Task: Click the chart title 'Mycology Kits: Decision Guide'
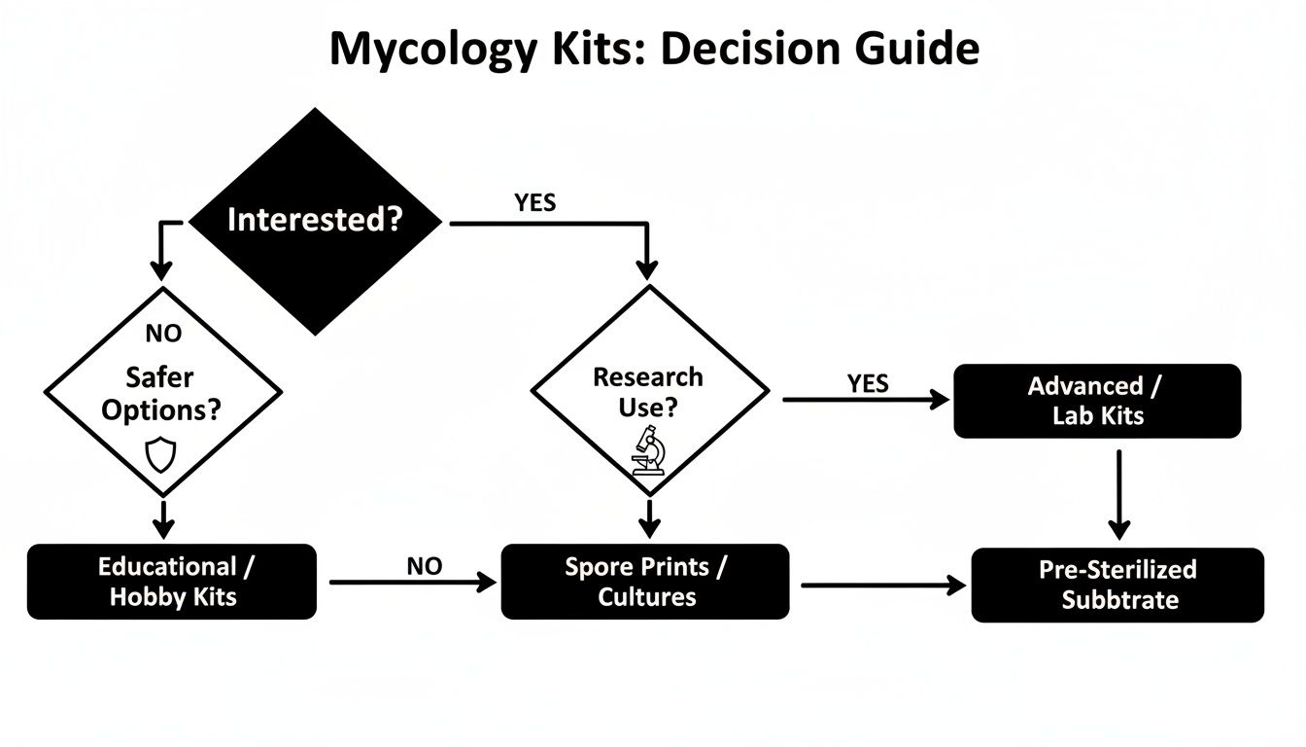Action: [x=653, y=49]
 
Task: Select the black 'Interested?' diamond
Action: [x=314, y=221]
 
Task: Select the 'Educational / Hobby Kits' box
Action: [x=172, y=582]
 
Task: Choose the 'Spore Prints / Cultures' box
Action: [x=645, y=582]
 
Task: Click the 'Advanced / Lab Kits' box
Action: [x=1097, y=401]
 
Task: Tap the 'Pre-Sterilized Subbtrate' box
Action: [x=1117, y=585]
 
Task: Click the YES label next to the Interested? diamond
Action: [x=534, y=202]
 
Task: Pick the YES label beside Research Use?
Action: [x=867, y=383]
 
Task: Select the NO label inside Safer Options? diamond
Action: [x=163, y=334]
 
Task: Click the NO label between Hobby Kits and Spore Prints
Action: [x=424, y=566]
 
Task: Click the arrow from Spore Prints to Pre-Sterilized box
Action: [x=882, y=585]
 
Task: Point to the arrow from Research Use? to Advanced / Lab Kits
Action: [x=865, y=399]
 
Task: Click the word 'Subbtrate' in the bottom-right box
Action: [x=1119, y=599]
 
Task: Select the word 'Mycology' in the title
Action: [x=431, y=49]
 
